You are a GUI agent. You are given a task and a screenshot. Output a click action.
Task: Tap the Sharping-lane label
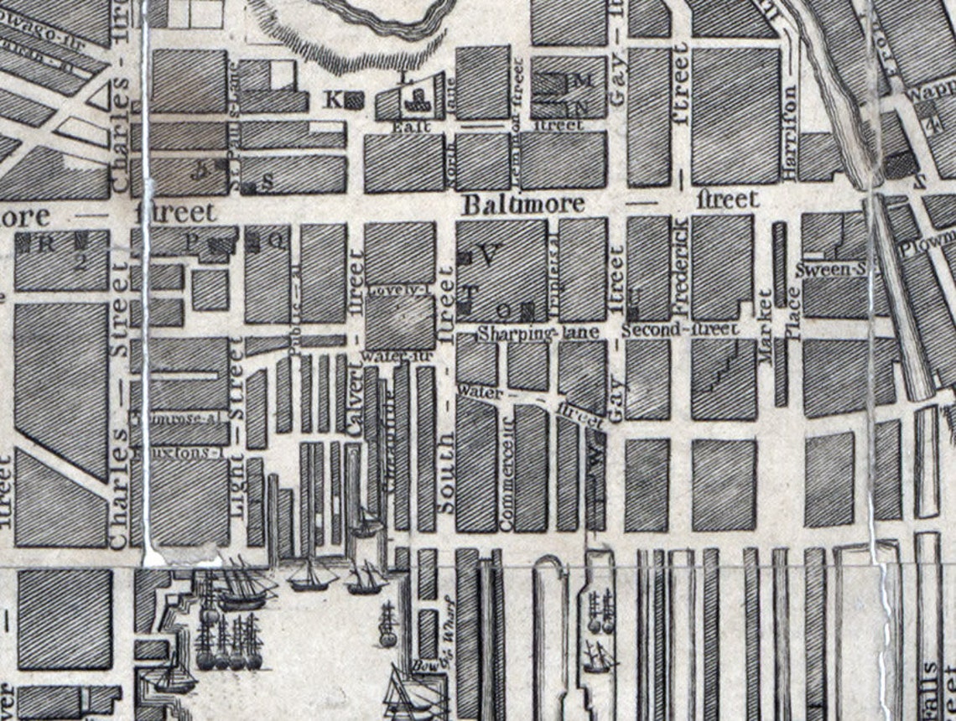(538, 333)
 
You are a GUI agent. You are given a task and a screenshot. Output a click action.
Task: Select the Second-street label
(680, 329)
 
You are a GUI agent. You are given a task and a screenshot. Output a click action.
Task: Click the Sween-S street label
(830, 270)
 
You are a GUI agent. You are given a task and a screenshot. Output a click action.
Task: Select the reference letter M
(585, 81)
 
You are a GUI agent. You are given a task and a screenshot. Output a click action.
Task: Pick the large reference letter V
(489, 253)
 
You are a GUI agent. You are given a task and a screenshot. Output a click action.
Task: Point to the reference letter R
(47, 245)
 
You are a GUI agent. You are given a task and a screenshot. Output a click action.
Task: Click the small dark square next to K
(355, 100)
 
